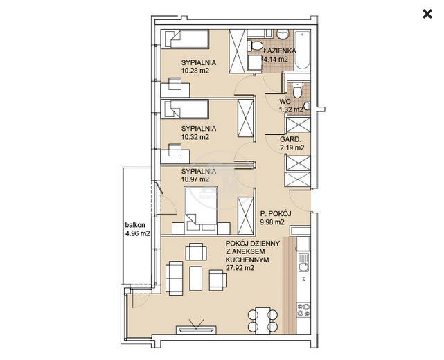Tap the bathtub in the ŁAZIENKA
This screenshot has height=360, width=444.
click(x=302, y=50)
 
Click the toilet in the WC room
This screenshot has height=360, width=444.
click(x=297, y=90)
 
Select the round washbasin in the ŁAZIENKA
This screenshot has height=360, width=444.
click(x=283, y=35)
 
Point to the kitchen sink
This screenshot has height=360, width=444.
click(x=303, y=262)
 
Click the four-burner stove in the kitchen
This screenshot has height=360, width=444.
click(x=303, y=309)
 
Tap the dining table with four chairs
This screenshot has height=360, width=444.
click(x=263, y=320)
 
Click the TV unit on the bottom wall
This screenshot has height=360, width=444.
click(x=196, y=330)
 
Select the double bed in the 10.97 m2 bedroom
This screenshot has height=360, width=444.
click(x=201, y=210)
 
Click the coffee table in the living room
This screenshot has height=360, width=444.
click(x=195, y=278)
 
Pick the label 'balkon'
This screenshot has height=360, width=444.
click(x=135, y=225)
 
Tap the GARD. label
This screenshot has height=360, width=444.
click(x=290, y=139)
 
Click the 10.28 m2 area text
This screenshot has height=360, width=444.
click(x=195, y=71)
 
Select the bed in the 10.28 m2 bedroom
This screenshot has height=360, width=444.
click(x=185, y=39)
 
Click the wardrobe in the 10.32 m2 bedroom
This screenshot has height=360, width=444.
click(x=245, y=118)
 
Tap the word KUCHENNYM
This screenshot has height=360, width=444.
click(x=247, y=260)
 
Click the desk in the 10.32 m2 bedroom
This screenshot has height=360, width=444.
click(x=175, y=156)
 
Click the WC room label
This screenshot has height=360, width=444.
click(x=285, y=101)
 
